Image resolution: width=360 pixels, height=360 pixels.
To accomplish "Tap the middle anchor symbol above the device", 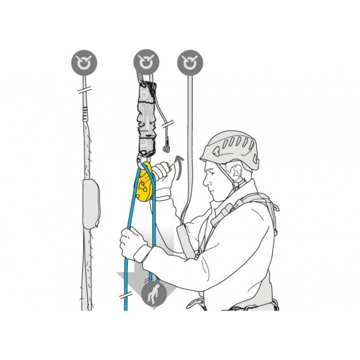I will (x=146, y=62).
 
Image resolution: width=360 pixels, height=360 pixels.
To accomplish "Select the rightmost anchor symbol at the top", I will (x=190, y=62).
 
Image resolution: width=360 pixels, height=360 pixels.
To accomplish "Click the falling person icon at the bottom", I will (x=154, y=295).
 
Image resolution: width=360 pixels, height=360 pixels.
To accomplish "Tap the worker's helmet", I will (x=230, y=148).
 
